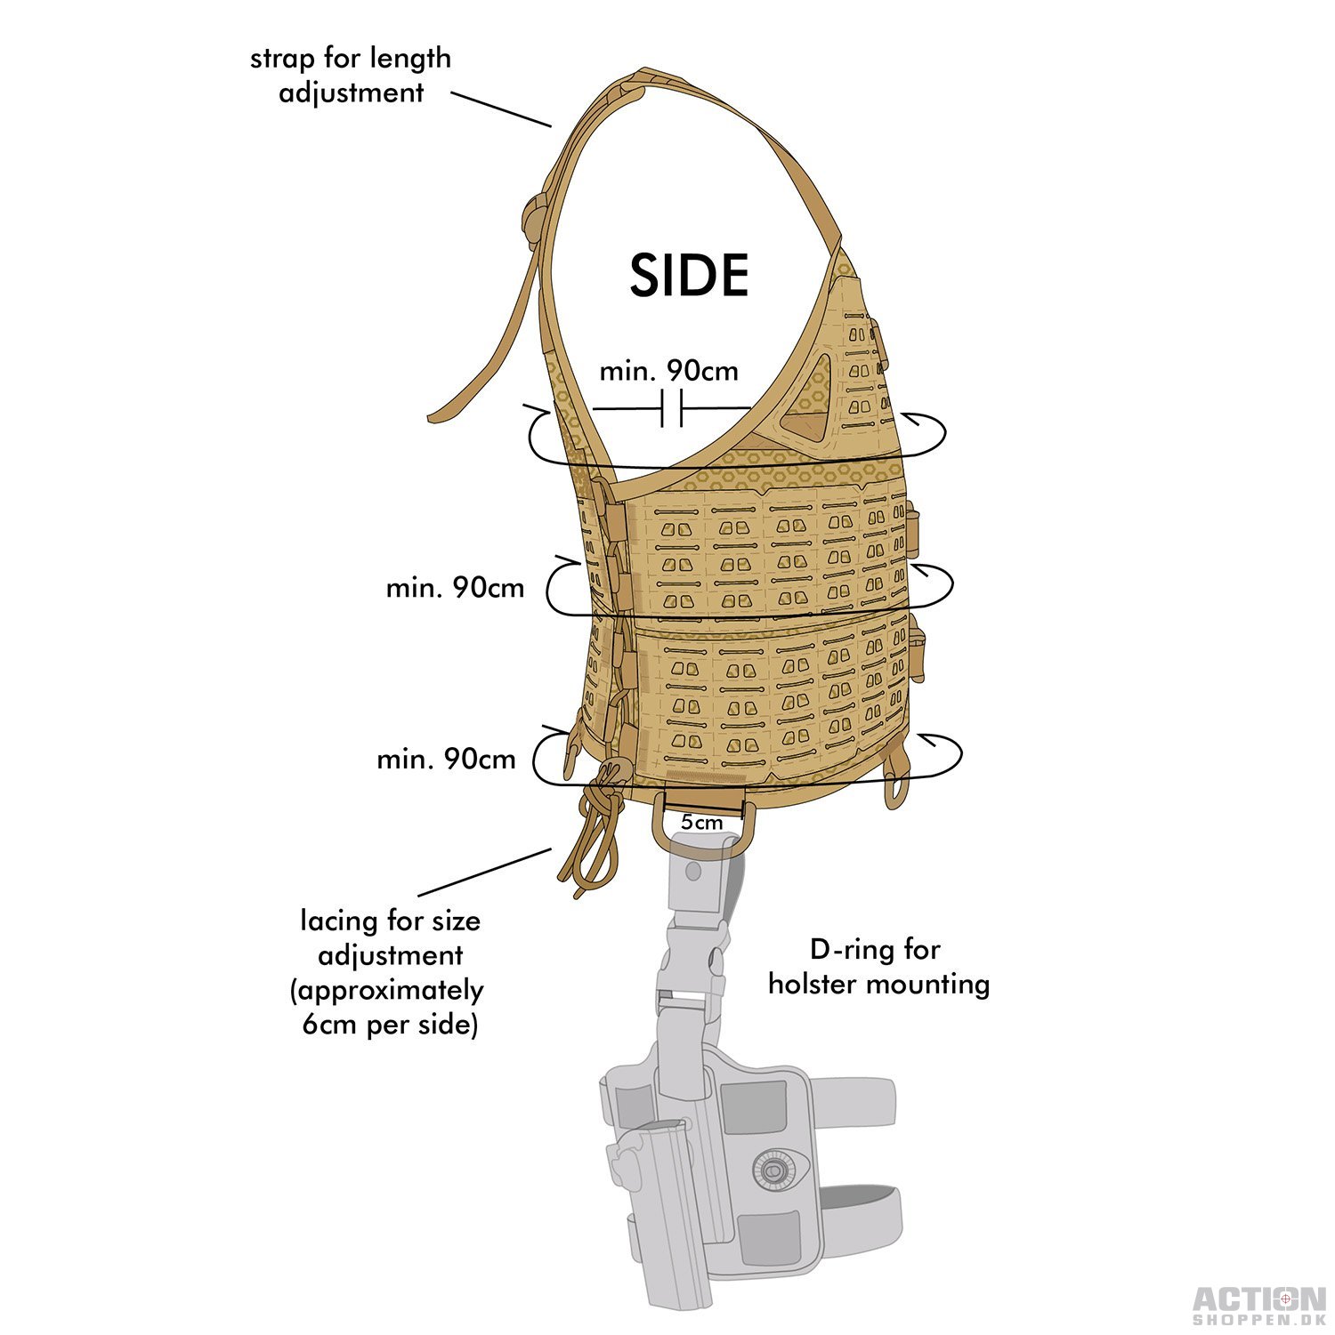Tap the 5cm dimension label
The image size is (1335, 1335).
tap(702, 822)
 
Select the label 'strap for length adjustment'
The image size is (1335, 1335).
tap(351, 75)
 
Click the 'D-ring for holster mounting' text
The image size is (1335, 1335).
tap(878, 967)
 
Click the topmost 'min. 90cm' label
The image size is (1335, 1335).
tap(668, 370)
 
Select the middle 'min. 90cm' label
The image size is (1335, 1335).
tap(455, 588)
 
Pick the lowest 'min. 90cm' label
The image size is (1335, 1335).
tap(446, 759)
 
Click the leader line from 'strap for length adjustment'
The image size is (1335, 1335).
tap(501, 108)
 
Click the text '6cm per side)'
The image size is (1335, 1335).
tap(391, 1025)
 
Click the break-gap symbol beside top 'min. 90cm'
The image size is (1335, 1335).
tap(672, 408)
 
